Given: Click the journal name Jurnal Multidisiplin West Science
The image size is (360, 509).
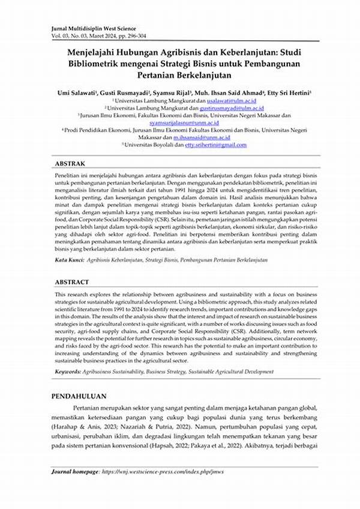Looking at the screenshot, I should [97, 28].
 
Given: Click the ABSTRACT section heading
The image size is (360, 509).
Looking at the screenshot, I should [72, 282].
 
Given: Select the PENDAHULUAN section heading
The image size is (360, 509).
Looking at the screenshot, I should [79, 397].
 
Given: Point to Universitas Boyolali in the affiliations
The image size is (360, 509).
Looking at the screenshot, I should [148, 145].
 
